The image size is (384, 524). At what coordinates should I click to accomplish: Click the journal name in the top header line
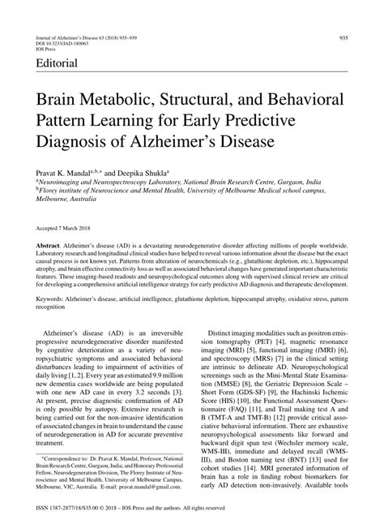[x=73, y=37]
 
